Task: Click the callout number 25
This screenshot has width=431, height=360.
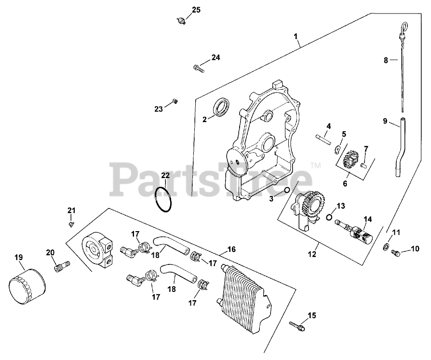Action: pyautogui.click(x=196, y=9)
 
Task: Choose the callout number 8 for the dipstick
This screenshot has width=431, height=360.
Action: pyautogui.click(x=385, y=60)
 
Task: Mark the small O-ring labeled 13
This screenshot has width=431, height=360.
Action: pyautogui.click(x=330, y=216)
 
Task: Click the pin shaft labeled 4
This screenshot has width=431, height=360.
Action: pyautogui.click(x=323, y=138)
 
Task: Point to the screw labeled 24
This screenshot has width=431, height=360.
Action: pyautogui.click(x=199, y=69)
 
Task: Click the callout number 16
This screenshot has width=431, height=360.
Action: pyautogui.click(x=231, y=249)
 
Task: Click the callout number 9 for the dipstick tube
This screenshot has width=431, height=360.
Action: pyautogui.click(x=385, y=121)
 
